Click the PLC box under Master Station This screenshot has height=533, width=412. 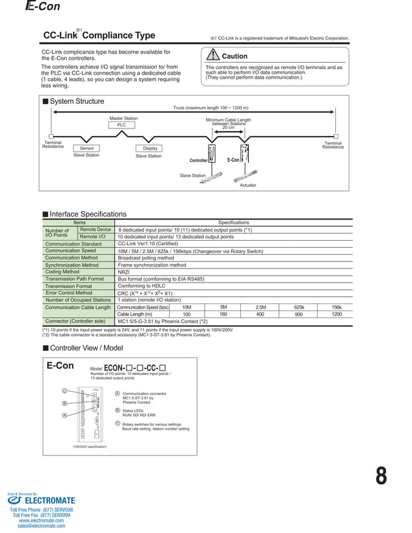pyautogui.click(x=121, y=125)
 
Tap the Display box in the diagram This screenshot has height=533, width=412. pyautogui.click(x=150, y=148)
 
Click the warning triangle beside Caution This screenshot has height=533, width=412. pyautogui.click(x=214, y=56)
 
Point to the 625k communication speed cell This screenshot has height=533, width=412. pyautogui.click(x=299, y=307)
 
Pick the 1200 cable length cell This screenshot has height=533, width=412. pyautogui.click(x=336, y=314)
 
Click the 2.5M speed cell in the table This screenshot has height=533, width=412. pyautogui.click(x=261, y=307)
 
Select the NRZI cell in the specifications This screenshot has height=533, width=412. pyautogui.click(x=123, y=272)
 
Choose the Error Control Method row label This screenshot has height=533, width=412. pyautogui.click(x=69, y=293)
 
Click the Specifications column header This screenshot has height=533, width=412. pyautogui.click(x=233, y=223)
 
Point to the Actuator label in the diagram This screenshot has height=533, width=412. pyautogui.click(x=248, y=185)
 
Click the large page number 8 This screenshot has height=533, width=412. pyautogui.click(x=381, y=476)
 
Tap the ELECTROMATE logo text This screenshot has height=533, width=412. pyautogui.click(x=50, y=500)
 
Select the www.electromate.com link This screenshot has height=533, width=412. pyautogui.click(x=41, y=521)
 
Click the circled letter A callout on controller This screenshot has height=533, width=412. pyautogui.click(x=65, y=415)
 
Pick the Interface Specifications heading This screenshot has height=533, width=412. pyautogui.click(x=88, y=214)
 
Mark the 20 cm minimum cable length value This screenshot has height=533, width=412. pyautogui.click(x=228, y=128)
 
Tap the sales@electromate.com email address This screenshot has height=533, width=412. pyautogui.click(x=41, y=526)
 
